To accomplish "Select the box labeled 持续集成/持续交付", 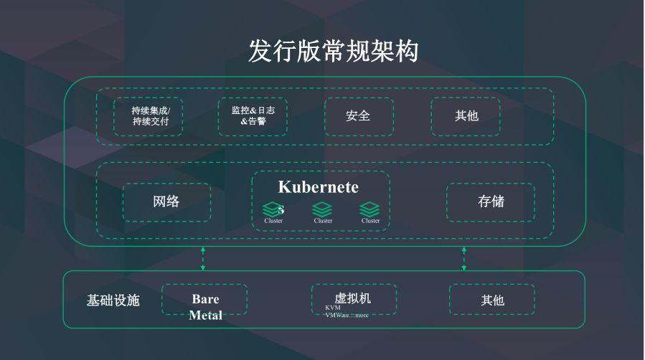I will (148, 116).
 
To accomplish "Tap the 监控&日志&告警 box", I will (253, 116).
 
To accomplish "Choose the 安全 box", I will (358, 116).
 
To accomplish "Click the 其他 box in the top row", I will (466, 116).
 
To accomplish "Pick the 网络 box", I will (166, 202).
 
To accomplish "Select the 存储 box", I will (491, 202).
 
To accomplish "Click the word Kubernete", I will (318, 187).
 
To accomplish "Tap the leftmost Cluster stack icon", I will (271, 209).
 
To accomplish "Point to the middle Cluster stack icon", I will (322, 209).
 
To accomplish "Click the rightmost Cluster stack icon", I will (369, 209).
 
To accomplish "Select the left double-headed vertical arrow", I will (203, 258).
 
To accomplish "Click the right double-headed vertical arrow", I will (463, 258).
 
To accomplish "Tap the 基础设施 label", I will (113, 300).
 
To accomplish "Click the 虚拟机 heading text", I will (352, 298).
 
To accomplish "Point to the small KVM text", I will (332, 308).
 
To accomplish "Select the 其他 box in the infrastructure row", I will (492, 300).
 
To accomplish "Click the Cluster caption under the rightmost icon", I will (370, 221).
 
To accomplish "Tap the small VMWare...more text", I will (347, 315).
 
